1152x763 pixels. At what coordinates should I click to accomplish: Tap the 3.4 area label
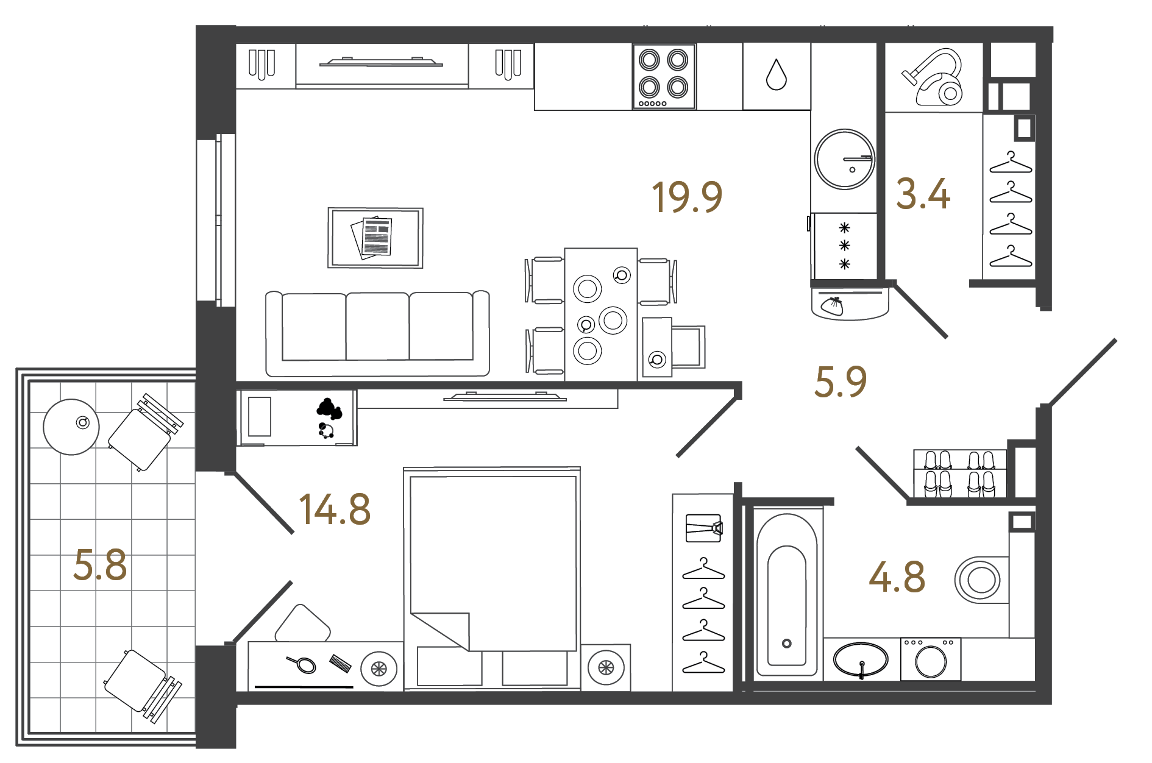(x=923, y=194)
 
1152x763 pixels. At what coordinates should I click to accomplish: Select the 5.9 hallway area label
(x=841, y=381)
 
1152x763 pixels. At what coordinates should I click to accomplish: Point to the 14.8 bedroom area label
(x=335, y=509)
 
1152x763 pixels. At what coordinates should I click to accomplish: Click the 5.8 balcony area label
(x=100, y=564)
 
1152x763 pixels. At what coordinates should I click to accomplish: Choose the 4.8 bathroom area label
(x=897, y=577)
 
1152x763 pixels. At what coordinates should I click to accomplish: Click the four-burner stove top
(x=664, y=77)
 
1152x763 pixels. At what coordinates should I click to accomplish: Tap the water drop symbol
(x=777, y=74)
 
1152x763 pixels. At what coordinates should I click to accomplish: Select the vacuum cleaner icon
(x=933, y=77)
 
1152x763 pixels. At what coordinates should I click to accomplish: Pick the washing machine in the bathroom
(x=931, y=659)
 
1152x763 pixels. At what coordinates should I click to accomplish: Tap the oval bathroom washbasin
(x=861, y=660)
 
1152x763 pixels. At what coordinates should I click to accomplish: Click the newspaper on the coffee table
(x=372, y=237)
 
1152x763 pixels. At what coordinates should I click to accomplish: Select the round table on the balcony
(x=71, y=427)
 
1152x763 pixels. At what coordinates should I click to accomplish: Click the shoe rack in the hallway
(x=960, y=474)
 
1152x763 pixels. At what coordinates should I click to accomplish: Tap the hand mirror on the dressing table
(x=302, y=663)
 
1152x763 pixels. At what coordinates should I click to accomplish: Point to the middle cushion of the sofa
(x=377, y=327)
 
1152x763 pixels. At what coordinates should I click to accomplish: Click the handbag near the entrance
(x=832, y=305)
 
